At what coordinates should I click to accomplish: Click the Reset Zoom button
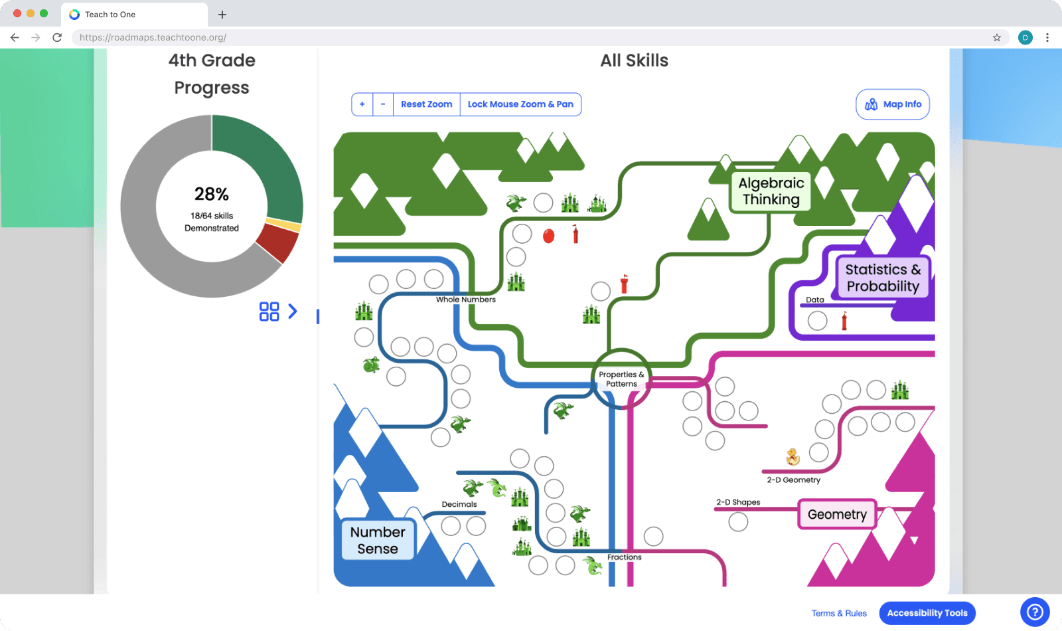[426, 104]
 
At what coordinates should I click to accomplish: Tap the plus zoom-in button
[362, 104]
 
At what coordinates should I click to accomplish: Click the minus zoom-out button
[383, 104]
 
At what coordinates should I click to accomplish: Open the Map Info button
[893, 104]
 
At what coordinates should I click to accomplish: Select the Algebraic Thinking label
[771, 191]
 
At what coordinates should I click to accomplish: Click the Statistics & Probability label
[883, 278]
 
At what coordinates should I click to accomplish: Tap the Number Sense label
[378, 540]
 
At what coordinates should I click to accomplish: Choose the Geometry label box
[837, 514]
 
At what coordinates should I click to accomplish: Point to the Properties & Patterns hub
[621, 379]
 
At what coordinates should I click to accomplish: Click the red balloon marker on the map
[549, 236]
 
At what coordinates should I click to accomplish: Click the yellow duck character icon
[793, 456]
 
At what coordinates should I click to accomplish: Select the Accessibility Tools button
[927, 613]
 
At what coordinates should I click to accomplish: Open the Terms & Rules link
[839, 613]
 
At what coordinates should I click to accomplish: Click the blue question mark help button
[1035, 612]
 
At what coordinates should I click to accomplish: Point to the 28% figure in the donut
[212, 194]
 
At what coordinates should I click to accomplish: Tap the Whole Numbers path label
[466, 300]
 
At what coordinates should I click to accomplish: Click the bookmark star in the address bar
[997, 38]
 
